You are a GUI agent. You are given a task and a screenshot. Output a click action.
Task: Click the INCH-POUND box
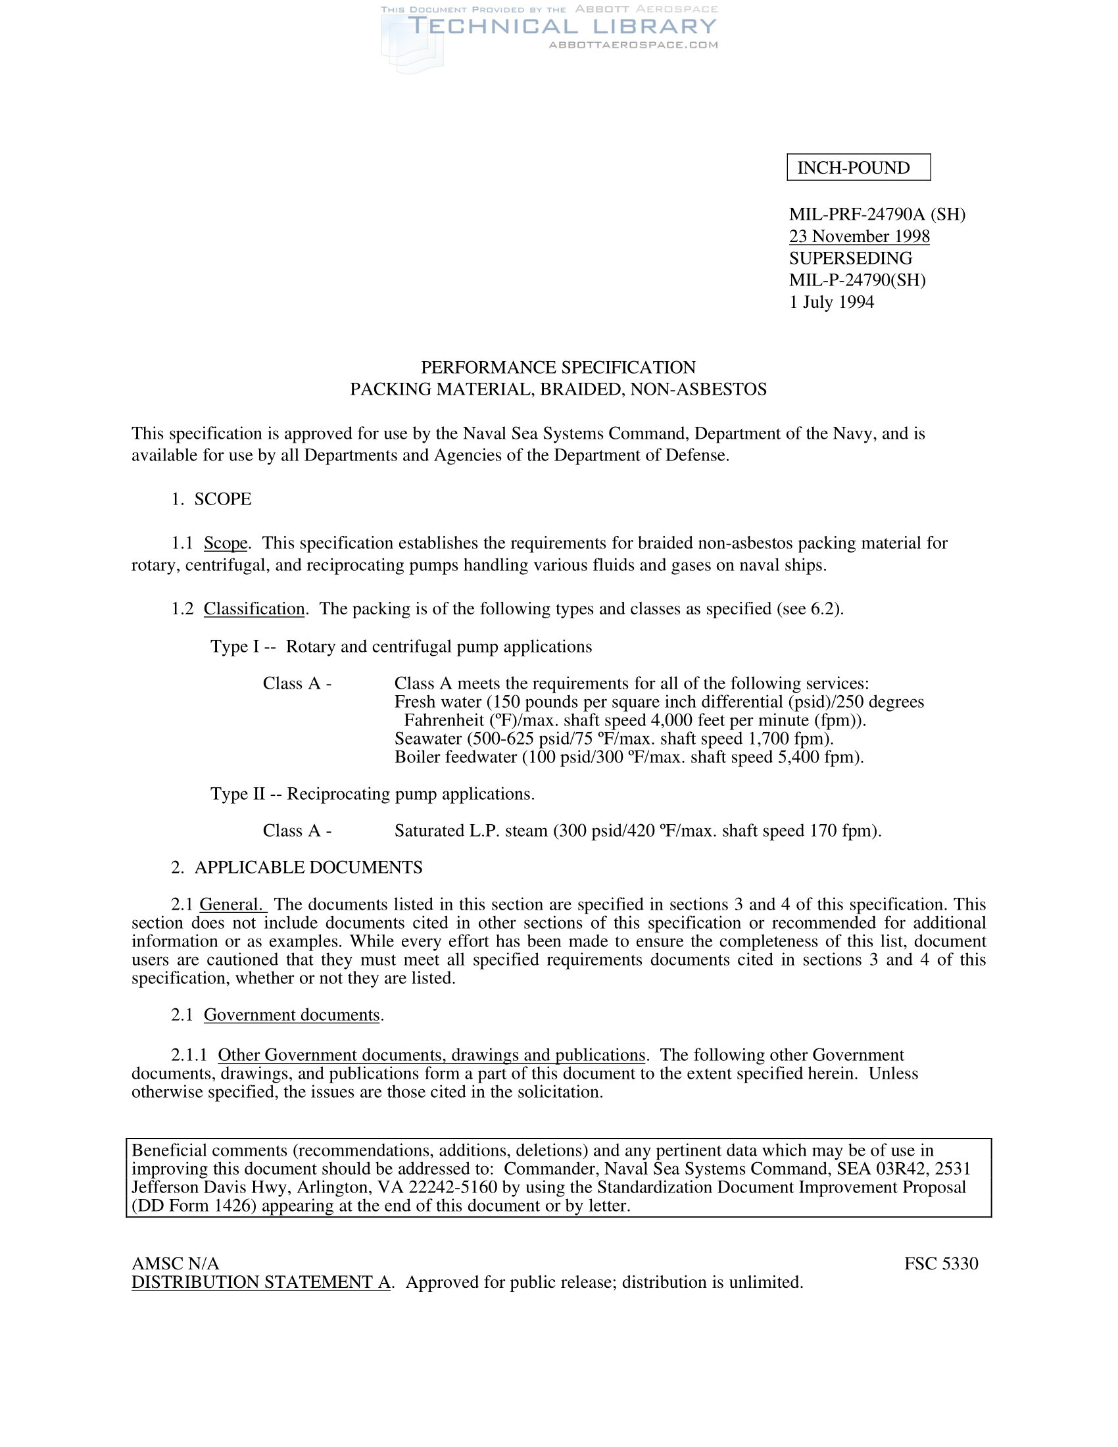pos(858,167)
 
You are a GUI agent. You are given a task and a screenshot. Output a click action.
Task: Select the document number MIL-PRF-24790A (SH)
pos(877,214)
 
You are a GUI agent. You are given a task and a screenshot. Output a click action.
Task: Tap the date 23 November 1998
pos(859,237)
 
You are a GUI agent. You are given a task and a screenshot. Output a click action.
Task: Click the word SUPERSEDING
pos(850,258)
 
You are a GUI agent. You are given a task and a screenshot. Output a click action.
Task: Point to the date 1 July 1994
pos(831,302)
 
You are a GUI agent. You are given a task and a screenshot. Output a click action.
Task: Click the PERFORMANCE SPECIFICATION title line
pos(558,367)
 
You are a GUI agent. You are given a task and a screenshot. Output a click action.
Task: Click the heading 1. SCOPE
pos(211,499)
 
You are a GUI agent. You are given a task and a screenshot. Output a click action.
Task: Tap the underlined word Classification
pos(254,608)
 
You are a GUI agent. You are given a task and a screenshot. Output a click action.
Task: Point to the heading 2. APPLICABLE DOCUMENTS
pos(297,868)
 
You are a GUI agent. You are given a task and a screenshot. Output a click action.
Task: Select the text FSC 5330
pos(940,1263)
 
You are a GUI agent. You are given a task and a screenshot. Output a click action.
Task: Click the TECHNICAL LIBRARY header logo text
pos(562,26)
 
